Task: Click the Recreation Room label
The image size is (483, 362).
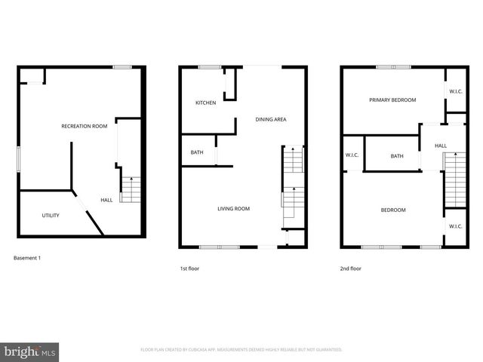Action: point(82,126)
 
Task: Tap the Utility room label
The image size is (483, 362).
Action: point(51,216)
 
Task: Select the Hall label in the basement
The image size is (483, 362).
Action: point(107,200)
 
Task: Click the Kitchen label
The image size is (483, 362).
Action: point(206,103)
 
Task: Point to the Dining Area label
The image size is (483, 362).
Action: point(271,119)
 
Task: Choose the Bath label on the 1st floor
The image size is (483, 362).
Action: point(197,153)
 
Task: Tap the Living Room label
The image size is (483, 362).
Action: point(234,209)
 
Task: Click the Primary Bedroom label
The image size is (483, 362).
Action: point(392,100)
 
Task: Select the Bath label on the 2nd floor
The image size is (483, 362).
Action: point(397,156)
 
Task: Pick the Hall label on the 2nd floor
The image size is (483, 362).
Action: point(441,146)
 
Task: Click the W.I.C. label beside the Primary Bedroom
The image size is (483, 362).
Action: point(456,92)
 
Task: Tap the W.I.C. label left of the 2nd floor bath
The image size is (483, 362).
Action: point(352,156)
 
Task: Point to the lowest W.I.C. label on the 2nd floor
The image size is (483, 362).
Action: point(456,226)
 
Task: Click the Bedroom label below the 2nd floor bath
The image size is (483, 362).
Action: point(393,210)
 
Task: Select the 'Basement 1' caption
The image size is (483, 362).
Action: point(27,259)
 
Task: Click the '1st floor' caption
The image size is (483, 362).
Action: point(189,268)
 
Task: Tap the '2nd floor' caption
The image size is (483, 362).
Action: point(351,268)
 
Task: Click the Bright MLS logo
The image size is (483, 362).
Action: point(30,351)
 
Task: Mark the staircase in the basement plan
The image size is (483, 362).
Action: point(131,189)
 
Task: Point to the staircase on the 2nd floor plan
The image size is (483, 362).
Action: point(455,179)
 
